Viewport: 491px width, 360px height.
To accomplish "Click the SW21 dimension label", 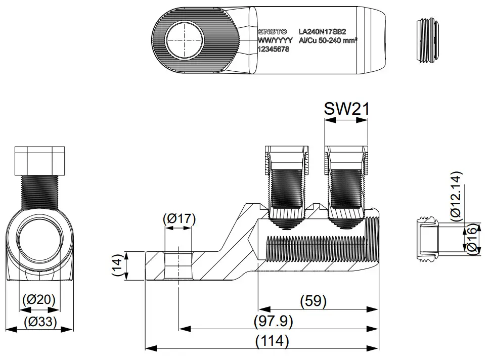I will tap(346, 109).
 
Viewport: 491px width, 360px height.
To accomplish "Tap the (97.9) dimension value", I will tap(273, 321).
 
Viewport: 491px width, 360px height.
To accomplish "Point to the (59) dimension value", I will tap(313, 301).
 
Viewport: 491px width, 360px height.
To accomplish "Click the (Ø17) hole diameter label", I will tap(179, 219).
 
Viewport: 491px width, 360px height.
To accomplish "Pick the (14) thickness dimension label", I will tap(117, 266).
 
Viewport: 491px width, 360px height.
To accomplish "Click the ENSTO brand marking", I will tap(272, 31).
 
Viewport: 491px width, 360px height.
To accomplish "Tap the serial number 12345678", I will tap(274, 50).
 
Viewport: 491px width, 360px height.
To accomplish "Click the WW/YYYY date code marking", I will tap(275, 40).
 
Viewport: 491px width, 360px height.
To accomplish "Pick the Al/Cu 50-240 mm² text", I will tap(328, 40).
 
